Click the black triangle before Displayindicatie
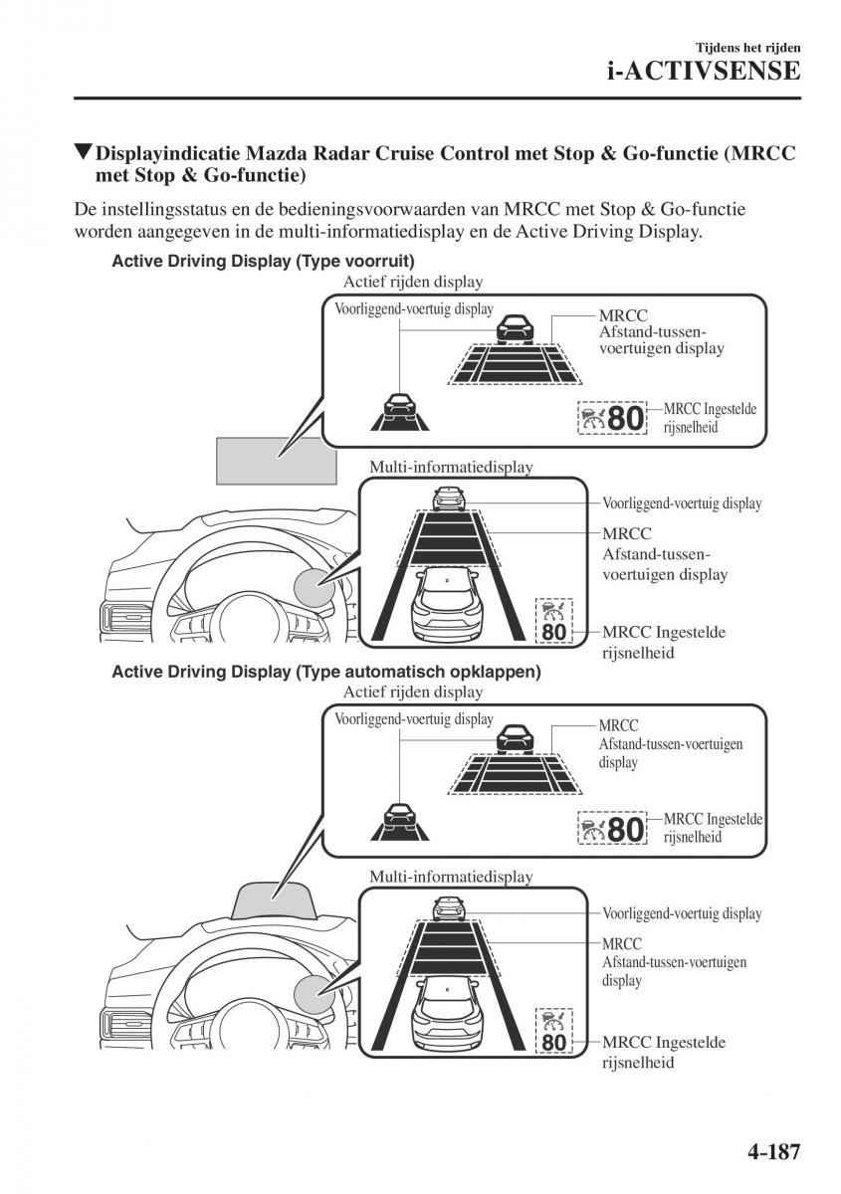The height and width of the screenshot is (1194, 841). [83, 154]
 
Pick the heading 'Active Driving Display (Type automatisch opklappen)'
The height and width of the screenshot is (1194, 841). [326, 672]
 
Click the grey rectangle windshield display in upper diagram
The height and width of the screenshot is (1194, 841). [276, 460]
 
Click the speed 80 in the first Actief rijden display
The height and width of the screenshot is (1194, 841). [625, 419]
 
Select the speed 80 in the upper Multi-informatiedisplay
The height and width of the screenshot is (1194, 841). [554, 631]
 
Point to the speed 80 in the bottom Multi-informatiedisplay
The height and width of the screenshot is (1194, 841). [554, 1042]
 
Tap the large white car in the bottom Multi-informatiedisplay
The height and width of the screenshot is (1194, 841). [447, 1011]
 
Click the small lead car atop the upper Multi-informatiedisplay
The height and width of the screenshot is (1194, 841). [449, 497]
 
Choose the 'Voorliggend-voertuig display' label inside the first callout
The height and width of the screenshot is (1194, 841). [413, 309]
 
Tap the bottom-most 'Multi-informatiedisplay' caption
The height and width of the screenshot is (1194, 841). [451, 877]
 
